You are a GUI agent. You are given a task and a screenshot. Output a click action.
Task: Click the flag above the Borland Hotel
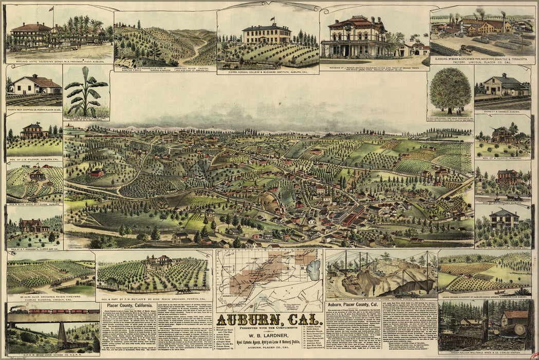point(51,9)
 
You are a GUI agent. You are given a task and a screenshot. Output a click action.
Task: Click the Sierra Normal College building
point(267,34)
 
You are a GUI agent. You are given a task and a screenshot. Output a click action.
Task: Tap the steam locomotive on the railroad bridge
point(14,310)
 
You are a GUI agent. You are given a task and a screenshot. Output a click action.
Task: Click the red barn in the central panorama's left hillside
point(96,174)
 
